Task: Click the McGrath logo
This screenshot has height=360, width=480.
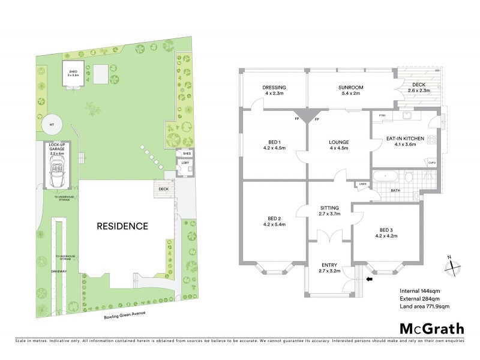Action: (x=432, y=328)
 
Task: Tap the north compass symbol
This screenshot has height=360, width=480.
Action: (x=450, y=265)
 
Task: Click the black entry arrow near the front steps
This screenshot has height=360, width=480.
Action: (x=369, y=278)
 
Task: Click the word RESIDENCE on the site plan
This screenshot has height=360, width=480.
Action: (x=122, y=226)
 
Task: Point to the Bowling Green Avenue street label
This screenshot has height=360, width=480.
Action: (x=125, y=314)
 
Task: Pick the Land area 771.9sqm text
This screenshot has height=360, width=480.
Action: (x=425, y=306)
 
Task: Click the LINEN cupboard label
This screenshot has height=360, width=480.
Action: (x=362, y=184)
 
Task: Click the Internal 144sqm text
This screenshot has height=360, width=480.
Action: (x=421, y=291)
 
